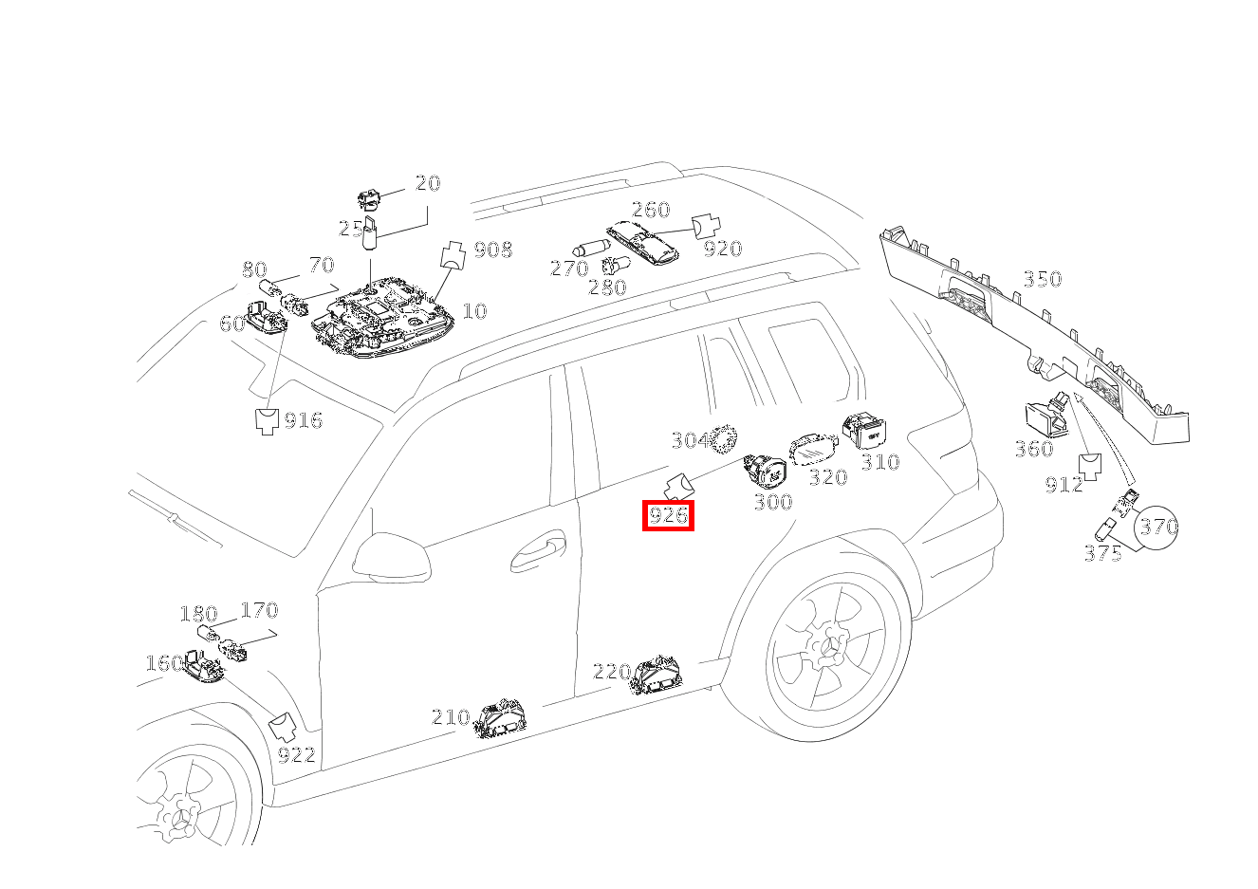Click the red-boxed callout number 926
pos(668,515)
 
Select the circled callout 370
pos(1156,527)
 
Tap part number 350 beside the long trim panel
pos(1043,279)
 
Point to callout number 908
pos(493,250)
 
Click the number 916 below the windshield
pos(304,420)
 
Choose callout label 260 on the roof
pos(651,210)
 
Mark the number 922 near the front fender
pos(297,755)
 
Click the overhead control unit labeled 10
pos(382,317)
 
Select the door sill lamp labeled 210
pos(500,717)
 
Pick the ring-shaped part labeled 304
pos(723,439)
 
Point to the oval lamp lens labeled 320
pos(814,450)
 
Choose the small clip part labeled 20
pos(369,199)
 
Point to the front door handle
pos(538,551)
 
